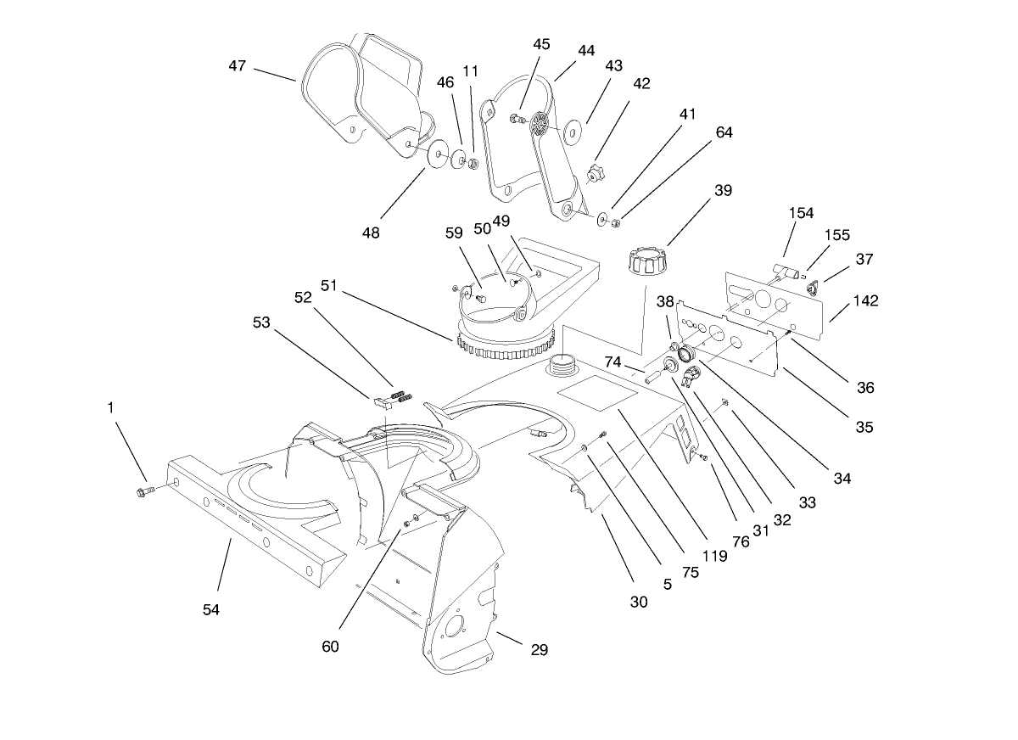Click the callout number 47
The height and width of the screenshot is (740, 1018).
[238, 65]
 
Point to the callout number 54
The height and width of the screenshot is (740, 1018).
[211, 608]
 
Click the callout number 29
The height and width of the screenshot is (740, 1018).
[539, 650]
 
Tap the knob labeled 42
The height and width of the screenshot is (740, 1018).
[596, 175]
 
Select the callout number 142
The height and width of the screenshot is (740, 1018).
[866, 301]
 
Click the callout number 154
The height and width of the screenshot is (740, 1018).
[801, 213]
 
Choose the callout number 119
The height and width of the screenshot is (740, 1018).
[715, 557]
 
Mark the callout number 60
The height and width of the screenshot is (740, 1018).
[330, 646]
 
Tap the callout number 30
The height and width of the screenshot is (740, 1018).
[639, 602]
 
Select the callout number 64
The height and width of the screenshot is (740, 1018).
[724, 132]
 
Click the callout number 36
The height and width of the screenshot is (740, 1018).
[864, 388]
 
